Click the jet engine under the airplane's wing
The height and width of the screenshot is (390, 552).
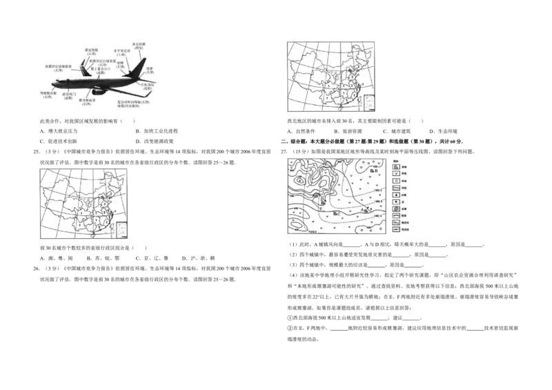98,90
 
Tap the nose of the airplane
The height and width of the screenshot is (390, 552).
52,84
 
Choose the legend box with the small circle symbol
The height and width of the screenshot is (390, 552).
396,183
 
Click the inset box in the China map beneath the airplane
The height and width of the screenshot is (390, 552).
122,229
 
